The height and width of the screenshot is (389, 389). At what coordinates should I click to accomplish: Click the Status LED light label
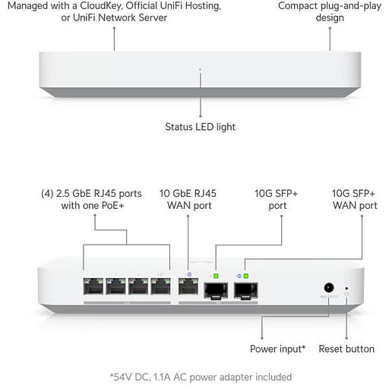click(201, 127)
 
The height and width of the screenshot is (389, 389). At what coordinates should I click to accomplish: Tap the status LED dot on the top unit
click(201, 70)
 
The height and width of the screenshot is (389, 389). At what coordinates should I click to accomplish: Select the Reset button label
click(346, 349)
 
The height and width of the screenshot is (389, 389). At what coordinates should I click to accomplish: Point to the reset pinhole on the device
click(346, 288)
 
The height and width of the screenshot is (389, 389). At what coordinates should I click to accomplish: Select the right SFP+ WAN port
click(245, 289)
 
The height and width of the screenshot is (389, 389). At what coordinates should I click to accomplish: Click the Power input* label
click(277, 349)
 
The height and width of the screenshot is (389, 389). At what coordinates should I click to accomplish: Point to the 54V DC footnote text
click(201, 376)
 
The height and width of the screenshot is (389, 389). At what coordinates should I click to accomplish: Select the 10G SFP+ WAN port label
click(355, 199)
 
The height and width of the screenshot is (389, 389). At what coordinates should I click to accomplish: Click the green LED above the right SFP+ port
click(245, 275)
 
